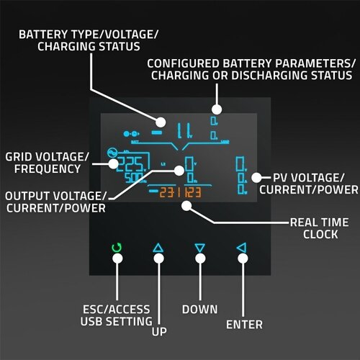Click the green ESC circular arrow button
point(117,249)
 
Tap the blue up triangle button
point(158,248)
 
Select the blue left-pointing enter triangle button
point(241,248)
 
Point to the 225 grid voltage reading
point(130,163)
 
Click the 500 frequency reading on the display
point(132,177)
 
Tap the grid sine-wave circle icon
point(112,153)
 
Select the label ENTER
point(244,324)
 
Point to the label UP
point(158,333)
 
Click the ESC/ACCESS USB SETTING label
point(117,315)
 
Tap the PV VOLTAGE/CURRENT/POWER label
point(307,183)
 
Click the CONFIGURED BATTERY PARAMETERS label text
point(251,69)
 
